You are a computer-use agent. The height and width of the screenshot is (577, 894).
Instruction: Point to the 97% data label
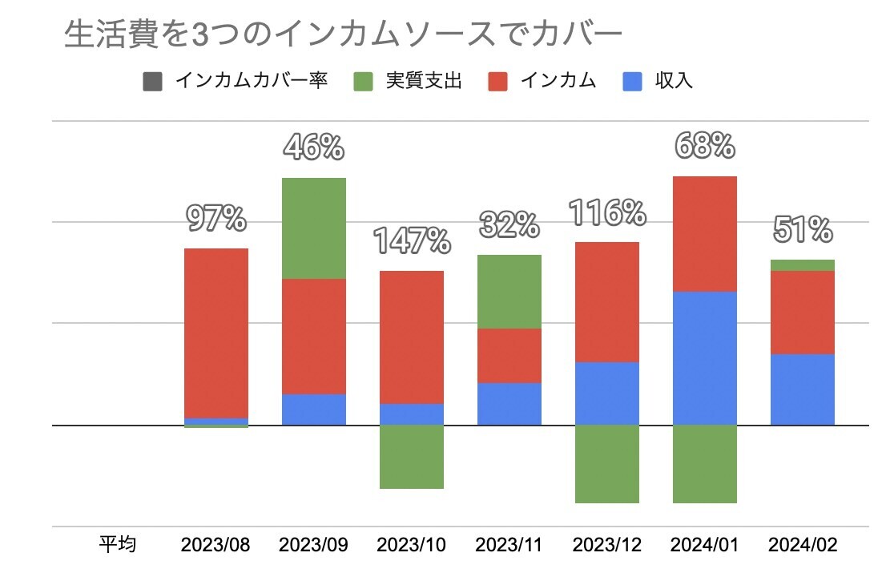click(x=215, y=218)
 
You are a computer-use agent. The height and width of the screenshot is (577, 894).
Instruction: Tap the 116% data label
click(x=606, y=212)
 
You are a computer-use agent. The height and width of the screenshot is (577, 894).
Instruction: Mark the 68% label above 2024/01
click(x=704, y=146)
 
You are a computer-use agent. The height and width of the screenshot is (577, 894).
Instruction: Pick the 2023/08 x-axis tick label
click(x=215, y=546)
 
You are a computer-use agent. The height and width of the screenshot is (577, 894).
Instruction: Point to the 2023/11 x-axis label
click(x=509, y=546)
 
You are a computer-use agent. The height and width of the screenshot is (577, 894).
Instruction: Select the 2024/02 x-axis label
click(x=802, y=546)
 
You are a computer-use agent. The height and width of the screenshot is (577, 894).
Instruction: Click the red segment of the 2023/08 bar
click(x=215, y=333)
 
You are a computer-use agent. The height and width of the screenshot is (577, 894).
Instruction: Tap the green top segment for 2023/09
click(x=313, y=228)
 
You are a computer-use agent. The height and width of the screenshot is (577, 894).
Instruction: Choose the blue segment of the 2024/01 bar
click(x=704, y=358)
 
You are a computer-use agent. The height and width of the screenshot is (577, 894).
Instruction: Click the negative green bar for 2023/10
click(x=411, y=457)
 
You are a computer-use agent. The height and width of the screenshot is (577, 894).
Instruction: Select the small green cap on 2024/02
click(x=802, y=265)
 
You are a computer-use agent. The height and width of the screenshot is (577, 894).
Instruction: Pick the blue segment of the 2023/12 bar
click(x=606, y=393)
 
